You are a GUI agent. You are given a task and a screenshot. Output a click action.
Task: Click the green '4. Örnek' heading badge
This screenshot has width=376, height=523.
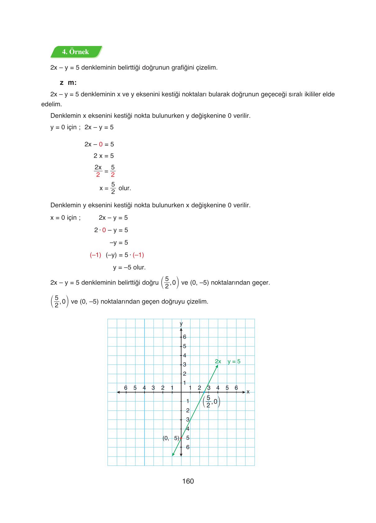click(76, 52)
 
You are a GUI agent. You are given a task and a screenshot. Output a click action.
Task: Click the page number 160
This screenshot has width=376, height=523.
click(188, 481)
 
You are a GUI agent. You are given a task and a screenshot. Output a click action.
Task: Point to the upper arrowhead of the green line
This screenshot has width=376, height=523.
click(217, 366)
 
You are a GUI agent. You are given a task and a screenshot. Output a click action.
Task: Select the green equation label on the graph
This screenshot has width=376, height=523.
click(227, 361)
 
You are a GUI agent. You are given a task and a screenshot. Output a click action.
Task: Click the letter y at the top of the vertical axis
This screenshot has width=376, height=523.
click(181, 323)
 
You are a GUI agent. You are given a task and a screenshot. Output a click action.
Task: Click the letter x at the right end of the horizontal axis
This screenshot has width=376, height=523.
click(248, 392)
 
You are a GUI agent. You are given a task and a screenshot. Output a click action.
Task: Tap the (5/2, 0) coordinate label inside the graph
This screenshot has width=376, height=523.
click(211, 401)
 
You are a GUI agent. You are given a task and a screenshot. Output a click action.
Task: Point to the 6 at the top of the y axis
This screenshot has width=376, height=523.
click(184, 337)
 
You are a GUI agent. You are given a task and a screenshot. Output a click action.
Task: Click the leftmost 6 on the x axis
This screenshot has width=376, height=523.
click(126, 388)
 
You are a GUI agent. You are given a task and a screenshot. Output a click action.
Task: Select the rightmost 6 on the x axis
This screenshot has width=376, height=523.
click(236, 388)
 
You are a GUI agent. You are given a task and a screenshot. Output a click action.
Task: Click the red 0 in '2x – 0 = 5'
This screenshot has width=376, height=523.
click(101, 144)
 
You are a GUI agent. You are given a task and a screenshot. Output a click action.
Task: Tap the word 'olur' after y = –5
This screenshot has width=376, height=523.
click(139, 267)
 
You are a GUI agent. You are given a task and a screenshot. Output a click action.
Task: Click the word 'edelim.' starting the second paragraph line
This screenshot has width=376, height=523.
click(52, 104)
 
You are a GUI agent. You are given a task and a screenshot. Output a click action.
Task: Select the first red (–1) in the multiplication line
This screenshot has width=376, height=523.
click(96, 255)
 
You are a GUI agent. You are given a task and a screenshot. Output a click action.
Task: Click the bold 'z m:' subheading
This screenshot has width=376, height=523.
click(68, 83)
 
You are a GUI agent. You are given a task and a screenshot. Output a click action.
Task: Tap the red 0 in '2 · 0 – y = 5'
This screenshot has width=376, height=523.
click(104, 230)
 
